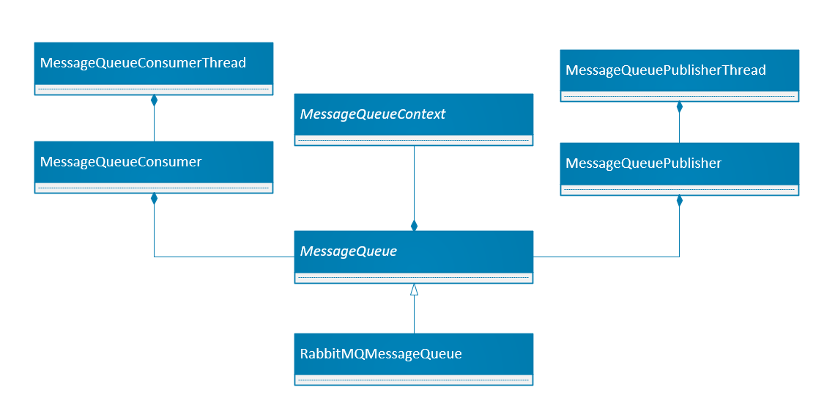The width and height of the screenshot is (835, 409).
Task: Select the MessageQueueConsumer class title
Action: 121,162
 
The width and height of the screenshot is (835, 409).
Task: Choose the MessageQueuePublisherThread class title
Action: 666,70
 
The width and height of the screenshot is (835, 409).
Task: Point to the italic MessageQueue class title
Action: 349,251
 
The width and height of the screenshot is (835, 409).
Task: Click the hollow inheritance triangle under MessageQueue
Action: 414,290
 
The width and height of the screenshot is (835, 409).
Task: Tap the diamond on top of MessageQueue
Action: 414,225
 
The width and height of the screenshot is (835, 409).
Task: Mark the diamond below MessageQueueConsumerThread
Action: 154,101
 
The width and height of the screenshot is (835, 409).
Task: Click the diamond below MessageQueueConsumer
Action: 154,199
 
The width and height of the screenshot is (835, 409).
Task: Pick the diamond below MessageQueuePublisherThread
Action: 679,107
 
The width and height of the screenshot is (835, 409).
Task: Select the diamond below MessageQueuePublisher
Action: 679,201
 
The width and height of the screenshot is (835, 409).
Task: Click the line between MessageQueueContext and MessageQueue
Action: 414,183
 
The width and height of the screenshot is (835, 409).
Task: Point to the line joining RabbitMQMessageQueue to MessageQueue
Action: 414,315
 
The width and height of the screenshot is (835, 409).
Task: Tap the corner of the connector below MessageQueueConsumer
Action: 154,257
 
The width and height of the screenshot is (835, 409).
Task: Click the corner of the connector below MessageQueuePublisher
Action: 679,257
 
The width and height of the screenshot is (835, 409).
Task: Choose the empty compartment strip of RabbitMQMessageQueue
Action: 414,380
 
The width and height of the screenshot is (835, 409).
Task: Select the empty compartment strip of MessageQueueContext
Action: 414,140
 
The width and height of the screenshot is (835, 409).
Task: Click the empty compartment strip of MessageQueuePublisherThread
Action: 679,96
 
